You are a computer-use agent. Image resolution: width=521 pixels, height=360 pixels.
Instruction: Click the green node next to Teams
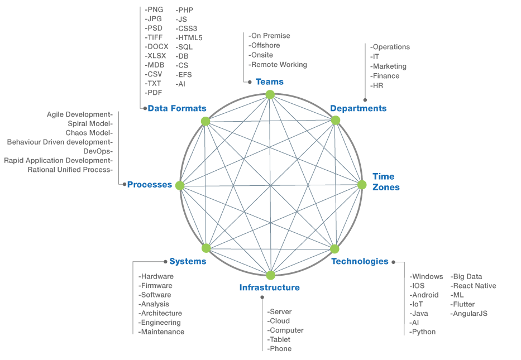270,94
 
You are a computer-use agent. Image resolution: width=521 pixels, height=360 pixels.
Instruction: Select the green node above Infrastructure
271,275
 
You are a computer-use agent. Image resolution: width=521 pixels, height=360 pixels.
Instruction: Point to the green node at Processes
180,185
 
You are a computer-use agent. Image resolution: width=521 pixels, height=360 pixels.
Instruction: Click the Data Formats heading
177,108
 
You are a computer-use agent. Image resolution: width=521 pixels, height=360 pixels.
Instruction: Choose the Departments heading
358,108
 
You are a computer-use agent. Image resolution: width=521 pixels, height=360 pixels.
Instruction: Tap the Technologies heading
360,261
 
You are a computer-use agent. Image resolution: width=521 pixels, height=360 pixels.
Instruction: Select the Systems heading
188,261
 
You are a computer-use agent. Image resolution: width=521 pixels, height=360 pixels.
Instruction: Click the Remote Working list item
279,65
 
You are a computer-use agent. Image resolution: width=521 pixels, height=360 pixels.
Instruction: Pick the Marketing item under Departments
389,66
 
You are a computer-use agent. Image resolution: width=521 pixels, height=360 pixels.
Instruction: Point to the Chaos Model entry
89,133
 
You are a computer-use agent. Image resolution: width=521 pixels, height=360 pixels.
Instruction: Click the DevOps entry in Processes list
98,151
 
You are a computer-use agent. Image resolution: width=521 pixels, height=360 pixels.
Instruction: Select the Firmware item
156,286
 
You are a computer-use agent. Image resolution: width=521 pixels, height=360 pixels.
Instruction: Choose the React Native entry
474,286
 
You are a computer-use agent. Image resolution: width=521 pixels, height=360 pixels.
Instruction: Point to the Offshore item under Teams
265,45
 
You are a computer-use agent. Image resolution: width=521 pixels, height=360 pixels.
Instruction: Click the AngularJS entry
470,314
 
